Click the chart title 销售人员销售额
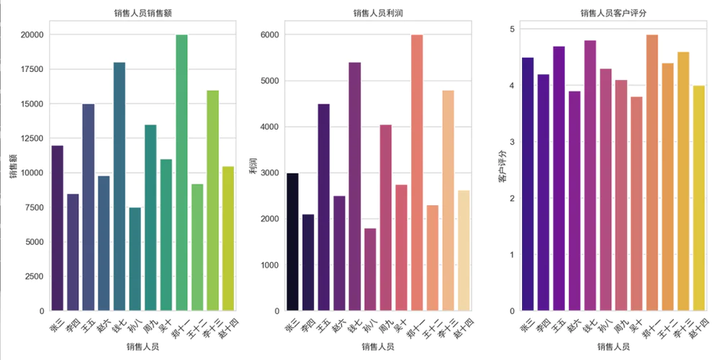click(143, 13)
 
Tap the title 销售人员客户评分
click(613, 13)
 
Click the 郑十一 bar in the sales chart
click(181, 173)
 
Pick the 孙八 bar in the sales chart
click(135, 259)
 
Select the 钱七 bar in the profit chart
click(354, 186)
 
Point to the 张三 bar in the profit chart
click(292, 242)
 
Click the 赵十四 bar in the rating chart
click(698, 198)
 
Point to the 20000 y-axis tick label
click(32, 35)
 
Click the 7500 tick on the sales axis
click(34, 207)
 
